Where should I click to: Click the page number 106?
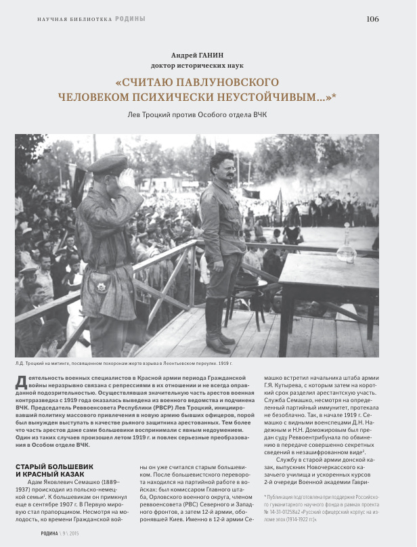click(x=372, y=18)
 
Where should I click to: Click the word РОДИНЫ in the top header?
click(x=130, y=19)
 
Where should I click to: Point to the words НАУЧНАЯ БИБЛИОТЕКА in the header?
click(x=74, y=19)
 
